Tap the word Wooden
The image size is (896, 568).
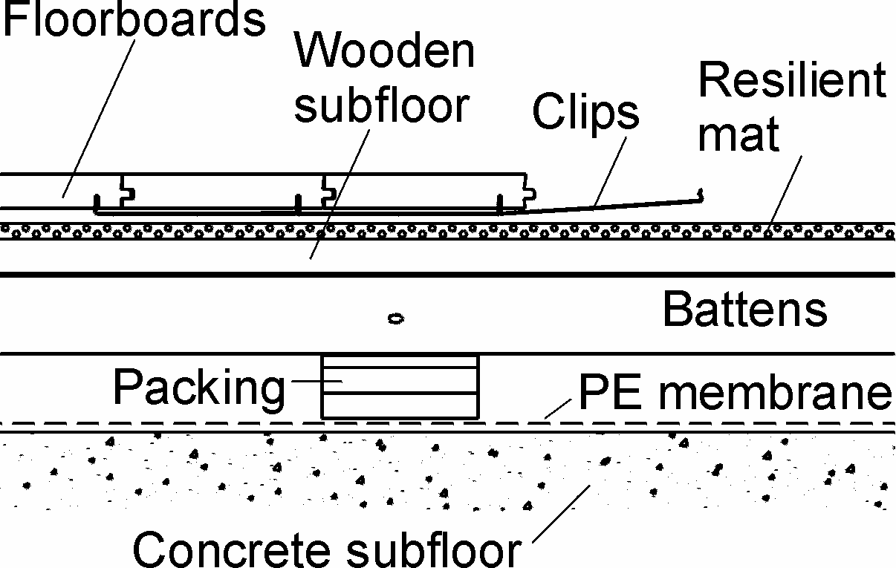tap(384, 52)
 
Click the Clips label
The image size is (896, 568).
tap(585, 114)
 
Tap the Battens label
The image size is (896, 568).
tap(744, 310)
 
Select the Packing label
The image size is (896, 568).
tap(199, 387)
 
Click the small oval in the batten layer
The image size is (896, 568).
tap(396, 319)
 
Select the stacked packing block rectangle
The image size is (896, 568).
tap(400, 386)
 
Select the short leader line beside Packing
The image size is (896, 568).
tap(315, 382)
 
